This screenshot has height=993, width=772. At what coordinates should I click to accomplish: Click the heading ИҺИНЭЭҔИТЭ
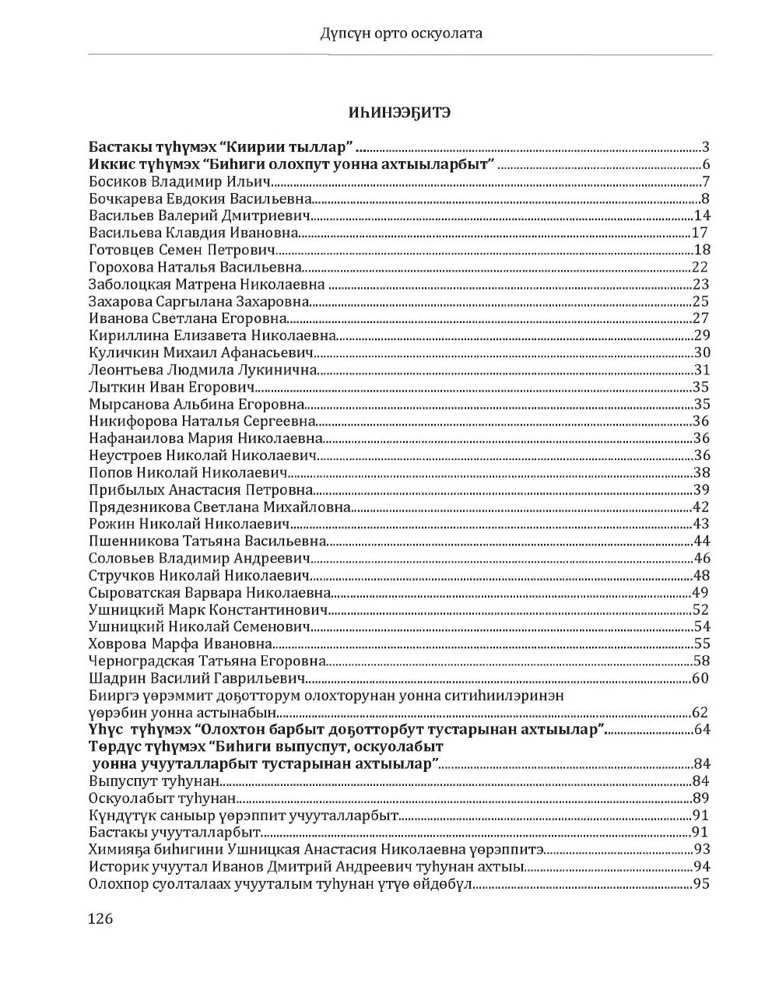pos(399,113)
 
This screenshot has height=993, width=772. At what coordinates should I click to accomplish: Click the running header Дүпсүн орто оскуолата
pos(401,33)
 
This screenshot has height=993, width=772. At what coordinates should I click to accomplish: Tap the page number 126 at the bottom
pos(101,918)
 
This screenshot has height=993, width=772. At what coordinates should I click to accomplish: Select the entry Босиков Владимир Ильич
pos(179,181)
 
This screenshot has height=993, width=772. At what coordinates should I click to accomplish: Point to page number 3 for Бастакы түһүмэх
pos(705,147)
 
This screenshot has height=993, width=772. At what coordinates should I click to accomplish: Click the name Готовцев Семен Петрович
pos(183,250)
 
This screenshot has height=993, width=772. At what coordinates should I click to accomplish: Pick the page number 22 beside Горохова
pos(700,267)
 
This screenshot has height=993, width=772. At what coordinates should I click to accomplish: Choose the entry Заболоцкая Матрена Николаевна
pos(207,284)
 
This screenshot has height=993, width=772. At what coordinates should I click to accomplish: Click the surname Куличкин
pos(119,353)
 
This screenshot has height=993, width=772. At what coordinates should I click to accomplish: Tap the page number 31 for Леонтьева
pos(700,370)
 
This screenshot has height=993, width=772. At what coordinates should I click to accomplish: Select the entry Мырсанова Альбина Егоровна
pos(196,404)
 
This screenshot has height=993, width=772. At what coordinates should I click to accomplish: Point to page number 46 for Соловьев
pos(700,558)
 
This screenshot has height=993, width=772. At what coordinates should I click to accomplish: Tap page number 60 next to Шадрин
pos(700,678)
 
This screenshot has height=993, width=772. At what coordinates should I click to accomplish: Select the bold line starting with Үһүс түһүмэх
pos(347,729)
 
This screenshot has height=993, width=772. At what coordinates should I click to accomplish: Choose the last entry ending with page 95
pos(280,883)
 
